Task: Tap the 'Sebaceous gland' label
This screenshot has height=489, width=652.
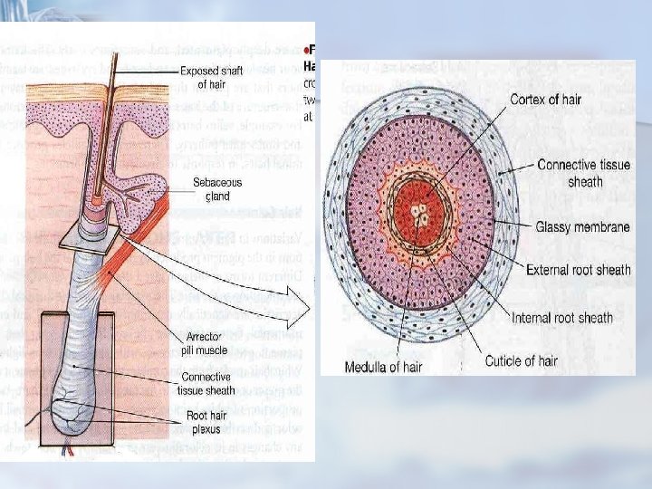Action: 217,189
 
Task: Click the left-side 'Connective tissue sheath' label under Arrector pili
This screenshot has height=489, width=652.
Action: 208,384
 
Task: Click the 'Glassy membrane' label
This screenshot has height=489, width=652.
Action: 583,226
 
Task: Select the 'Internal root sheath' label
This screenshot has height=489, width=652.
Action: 561,318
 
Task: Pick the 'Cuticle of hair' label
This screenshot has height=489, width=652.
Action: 521,360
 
